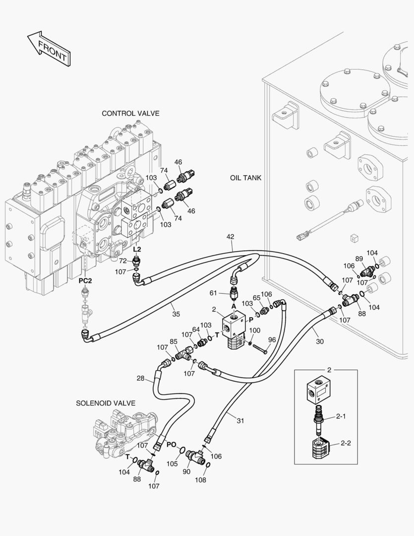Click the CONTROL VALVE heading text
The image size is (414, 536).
[x=130, y=114]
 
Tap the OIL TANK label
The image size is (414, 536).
[x=245, y=178]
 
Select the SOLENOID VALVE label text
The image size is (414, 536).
[x=106, y=403]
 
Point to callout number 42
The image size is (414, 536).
[x=230, y=237]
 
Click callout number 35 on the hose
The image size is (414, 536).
[x=176, y=313]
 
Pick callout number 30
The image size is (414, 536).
[x=319, y=341]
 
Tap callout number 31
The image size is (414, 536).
[x=240, y=421]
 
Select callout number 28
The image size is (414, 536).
[x=141, y=379]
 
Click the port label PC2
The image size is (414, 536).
[x=86, y=280]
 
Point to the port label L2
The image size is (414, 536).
[x=137, y=249]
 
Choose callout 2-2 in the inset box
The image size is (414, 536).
[x=346, y=443]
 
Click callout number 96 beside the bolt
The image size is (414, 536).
[x=272, y=340]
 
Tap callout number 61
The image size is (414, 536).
[x=227, y=294]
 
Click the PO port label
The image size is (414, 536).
[x=171, y=444]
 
